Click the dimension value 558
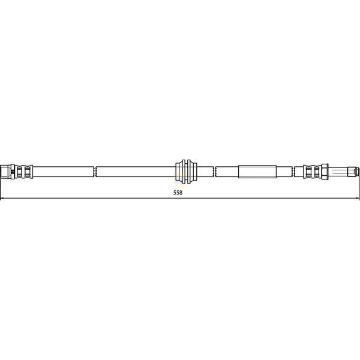coord(178,193)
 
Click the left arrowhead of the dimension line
coord(3,199)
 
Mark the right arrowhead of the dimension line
coord(357,199)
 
